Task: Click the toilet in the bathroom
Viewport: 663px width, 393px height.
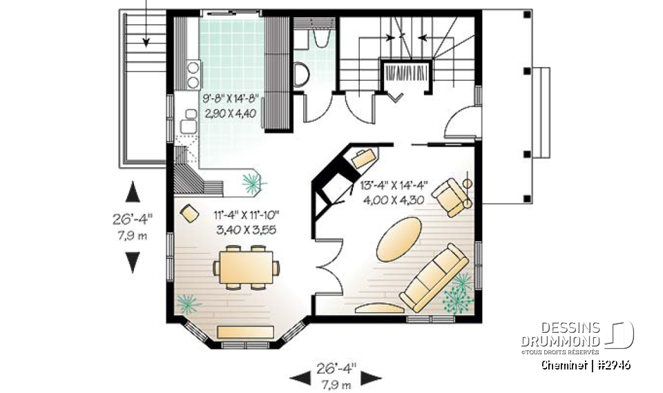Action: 302,74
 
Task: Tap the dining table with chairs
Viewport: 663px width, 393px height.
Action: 247,266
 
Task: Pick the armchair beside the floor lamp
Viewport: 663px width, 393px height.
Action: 450,196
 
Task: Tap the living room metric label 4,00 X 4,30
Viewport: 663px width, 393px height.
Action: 394,200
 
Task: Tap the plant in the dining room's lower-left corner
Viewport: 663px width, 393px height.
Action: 187,303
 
